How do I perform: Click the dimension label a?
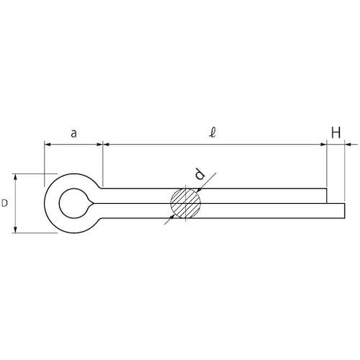pos(73,132)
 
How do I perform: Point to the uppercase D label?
pos(5,204)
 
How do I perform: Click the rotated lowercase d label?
pos(201,174)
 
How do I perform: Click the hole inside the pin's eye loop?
pos(73,202)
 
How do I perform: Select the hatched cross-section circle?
pos(186,203)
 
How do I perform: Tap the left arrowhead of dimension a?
pos(49,145)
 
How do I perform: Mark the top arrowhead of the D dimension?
pos(17,177)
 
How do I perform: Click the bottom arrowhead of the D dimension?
pos(17,229)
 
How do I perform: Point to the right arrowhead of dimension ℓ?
pos(322,145)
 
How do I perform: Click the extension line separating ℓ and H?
pos(326,166)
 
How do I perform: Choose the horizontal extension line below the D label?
pos(32,233)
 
